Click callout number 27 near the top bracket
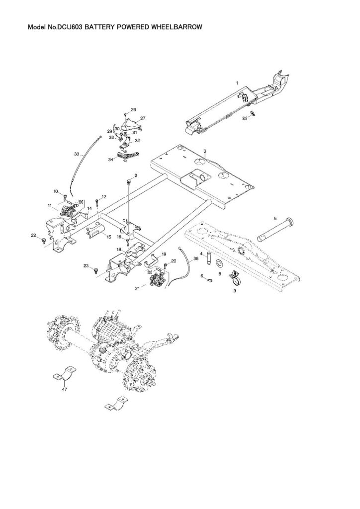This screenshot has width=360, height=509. pyautogui.click(x=143, y=118)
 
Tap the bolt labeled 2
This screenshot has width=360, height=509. pyautogui.click(x=129, y=182)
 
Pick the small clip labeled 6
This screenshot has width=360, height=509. pyautogui.click(x=209, y=280)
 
